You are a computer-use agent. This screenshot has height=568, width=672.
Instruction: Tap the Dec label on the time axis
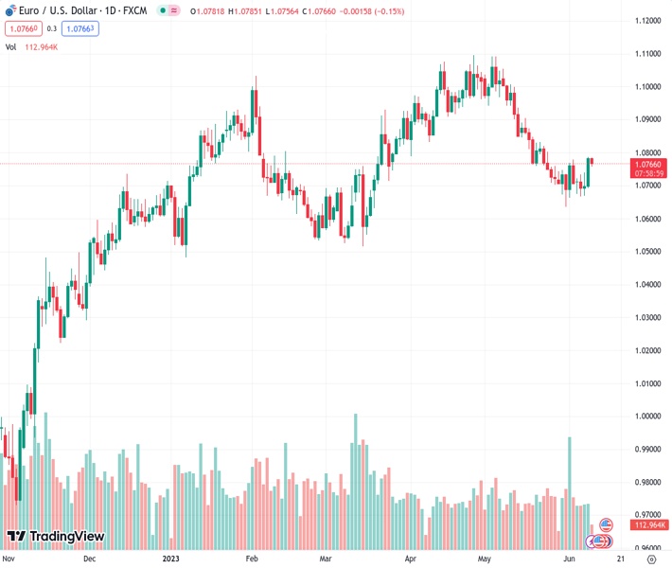90,559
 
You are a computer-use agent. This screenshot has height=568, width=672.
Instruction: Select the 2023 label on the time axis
170,559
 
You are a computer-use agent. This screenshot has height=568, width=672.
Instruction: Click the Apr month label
410,559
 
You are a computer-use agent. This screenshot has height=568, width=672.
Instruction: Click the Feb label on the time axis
252,559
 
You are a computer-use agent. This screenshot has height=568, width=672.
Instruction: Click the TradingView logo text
66,537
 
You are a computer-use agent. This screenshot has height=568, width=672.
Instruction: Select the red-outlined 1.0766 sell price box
23,28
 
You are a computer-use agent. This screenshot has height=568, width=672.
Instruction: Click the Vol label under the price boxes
11,45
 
